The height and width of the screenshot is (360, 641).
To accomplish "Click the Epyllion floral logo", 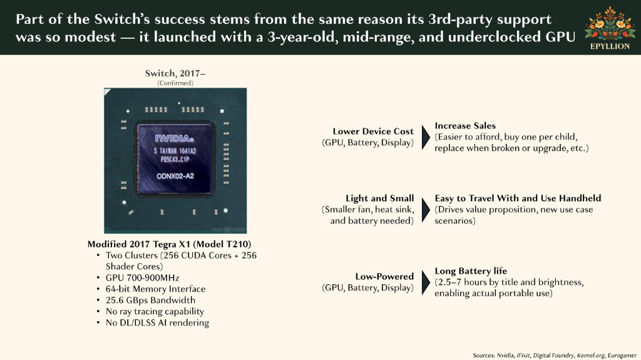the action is tap(610, 24).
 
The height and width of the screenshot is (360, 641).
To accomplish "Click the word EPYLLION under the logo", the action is tap(610, 46).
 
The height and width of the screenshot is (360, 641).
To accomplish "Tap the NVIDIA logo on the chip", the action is tap(174, 138).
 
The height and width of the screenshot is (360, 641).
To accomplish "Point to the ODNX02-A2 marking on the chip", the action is tap(175, 177).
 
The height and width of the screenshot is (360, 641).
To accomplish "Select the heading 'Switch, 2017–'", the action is tap(175, 73).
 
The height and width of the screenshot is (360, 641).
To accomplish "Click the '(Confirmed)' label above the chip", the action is tap(175, 83).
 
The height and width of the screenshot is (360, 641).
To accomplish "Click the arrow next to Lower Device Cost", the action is tap(426, 137).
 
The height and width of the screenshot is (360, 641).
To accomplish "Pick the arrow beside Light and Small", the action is tap(426, 210).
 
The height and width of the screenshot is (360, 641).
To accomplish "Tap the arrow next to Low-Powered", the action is tap(426, 282).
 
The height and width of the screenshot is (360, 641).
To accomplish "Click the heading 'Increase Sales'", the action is tap(465, 126).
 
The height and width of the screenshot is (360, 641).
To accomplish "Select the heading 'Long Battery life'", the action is tap(471, 271).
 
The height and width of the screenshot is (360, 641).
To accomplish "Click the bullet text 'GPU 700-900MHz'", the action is tap(142, 278).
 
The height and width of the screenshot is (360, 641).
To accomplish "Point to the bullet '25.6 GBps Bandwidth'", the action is tap(150, 301).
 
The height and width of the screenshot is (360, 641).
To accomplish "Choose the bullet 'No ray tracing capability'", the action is tap(155, 311).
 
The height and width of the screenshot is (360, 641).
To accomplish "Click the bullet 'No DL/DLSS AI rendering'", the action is tap(157, 323).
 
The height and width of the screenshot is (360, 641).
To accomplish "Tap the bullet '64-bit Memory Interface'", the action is tap(155, 289).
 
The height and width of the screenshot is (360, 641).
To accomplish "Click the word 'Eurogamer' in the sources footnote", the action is tap(622, 356).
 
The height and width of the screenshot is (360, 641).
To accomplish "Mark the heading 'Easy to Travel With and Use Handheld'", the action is tap(518, 198).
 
